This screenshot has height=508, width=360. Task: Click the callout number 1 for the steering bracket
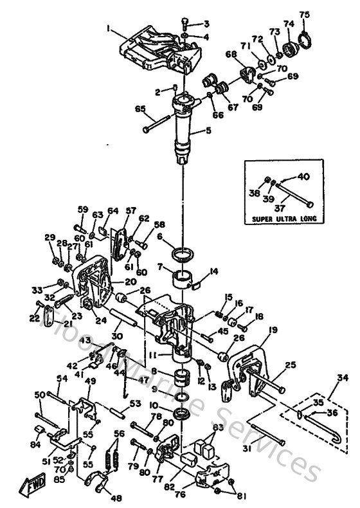[x=109, y=28]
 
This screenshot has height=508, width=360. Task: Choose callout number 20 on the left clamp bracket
[x=130, y=281]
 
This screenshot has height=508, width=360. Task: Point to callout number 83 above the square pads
[x=219, y=428]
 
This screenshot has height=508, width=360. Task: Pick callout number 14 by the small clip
[x=214, y=272]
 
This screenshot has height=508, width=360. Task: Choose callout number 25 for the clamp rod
[x=289, y=365]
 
